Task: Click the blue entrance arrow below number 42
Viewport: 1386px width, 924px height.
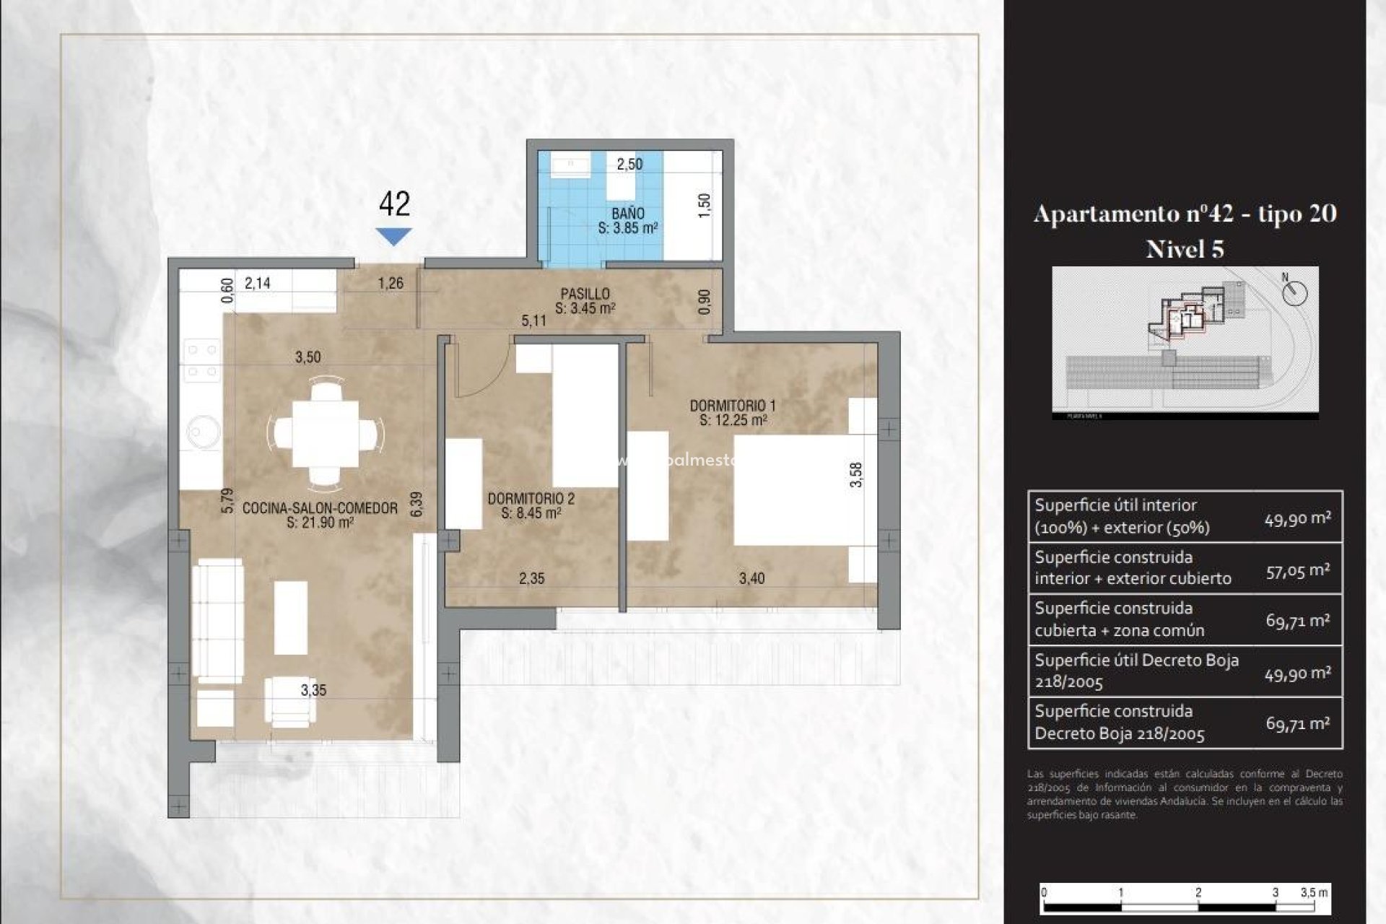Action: coord(393,235)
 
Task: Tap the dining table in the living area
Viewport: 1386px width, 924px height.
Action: coord(326,434)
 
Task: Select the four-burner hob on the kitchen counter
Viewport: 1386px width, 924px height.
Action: coord(201,360)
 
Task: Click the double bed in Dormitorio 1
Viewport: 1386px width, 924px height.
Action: coord(794,489)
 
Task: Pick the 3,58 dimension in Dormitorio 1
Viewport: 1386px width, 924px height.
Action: coord(855,474)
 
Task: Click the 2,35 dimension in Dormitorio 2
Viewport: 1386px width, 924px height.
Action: coord(531,578)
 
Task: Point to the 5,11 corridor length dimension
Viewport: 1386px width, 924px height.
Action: coord(533,321)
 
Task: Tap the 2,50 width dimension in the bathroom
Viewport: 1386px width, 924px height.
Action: coord(629,164)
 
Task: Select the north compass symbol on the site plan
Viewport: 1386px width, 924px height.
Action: coord(1295,292)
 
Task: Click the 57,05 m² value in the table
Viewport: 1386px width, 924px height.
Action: coord(1297,570)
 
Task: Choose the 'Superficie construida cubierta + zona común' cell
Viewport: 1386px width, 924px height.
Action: coord(1141,619)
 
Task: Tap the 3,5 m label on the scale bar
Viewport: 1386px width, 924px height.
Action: coord(1313,892)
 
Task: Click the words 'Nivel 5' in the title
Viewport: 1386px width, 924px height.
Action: coord(1185,249)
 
